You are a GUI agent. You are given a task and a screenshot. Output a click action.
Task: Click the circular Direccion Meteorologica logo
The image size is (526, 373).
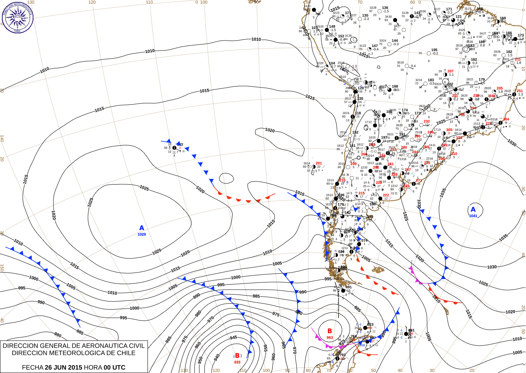click(17, 17)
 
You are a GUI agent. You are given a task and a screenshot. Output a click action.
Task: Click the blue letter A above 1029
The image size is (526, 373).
click(142, 228)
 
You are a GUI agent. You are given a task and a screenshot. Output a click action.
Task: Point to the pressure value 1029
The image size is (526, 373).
click(141, 235)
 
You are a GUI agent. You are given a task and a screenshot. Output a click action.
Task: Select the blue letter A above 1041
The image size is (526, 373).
click(473, 210)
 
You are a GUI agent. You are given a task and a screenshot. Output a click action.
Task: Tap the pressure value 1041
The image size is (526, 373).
click(473, 216)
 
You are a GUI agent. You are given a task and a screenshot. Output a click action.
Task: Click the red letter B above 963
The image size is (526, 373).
click(330, 331)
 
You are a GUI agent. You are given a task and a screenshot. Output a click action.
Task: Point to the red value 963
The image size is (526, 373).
click(330, 337)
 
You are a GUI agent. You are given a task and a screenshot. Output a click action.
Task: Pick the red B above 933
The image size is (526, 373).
click(237, 356)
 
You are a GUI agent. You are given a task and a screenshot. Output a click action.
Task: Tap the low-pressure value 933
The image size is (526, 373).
click(237, 362)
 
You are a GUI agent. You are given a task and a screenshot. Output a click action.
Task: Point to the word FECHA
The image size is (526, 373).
click(33, 367)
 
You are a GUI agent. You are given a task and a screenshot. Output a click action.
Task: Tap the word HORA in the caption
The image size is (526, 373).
click(93, 367)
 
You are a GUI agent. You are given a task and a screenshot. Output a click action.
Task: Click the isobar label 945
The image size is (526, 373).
click(233, 337)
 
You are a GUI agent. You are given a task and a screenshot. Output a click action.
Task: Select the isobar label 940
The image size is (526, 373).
click(217, 357)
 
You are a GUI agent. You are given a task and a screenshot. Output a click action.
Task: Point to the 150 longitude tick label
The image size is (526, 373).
click(2, 268)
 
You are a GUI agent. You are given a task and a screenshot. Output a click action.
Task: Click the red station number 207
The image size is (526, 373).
click(450, 71)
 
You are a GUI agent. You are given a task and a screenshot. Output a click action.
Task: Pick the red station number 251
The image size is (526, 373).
click(520, 91)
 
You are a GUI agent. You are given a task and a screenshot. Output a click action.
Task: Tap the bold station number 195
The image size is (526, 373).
click(434, 50)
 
